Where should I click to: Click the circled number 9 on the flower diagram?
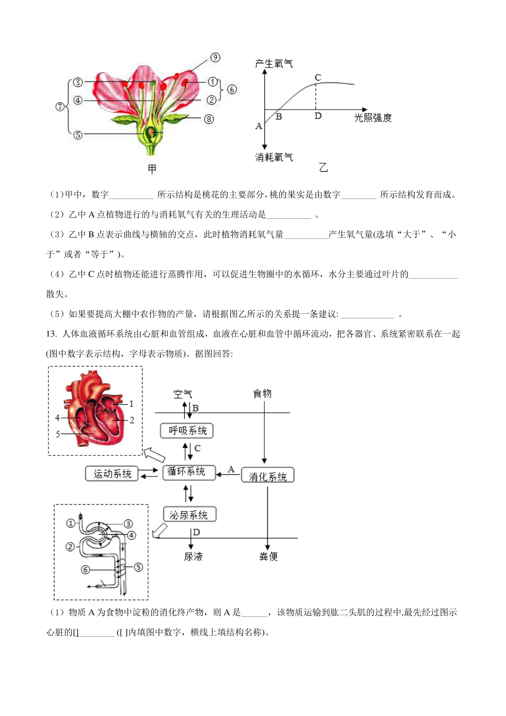215,57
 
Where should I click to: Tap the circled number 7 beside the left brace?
60,106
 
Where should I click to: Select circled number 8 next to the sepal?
209,119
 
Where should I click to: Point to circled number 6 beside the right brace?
232,89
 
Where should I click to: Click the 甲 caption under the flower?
152,169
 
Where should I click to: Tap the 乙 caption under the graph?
323,167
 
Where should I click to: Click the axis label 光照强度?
373,118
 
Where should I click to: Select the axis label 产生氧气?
274,64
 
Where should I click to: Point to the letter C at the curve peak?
318,77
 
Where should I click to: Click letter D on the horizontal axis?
318,116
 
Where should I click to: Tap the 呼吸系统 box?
187,431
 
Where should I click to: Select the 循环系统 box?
189,472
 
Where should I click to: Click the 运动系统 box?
112,474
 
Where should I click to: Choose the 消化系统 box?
267,475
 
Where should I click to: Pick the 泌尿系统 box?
190,514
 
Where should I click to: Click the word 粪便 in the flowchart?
268,557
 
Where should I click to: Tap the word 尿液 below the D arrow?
193,557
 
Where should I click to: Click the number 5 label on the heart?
58,434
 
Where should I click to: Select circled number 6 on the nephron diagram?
85,570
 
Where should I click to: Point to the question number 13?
51,334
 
